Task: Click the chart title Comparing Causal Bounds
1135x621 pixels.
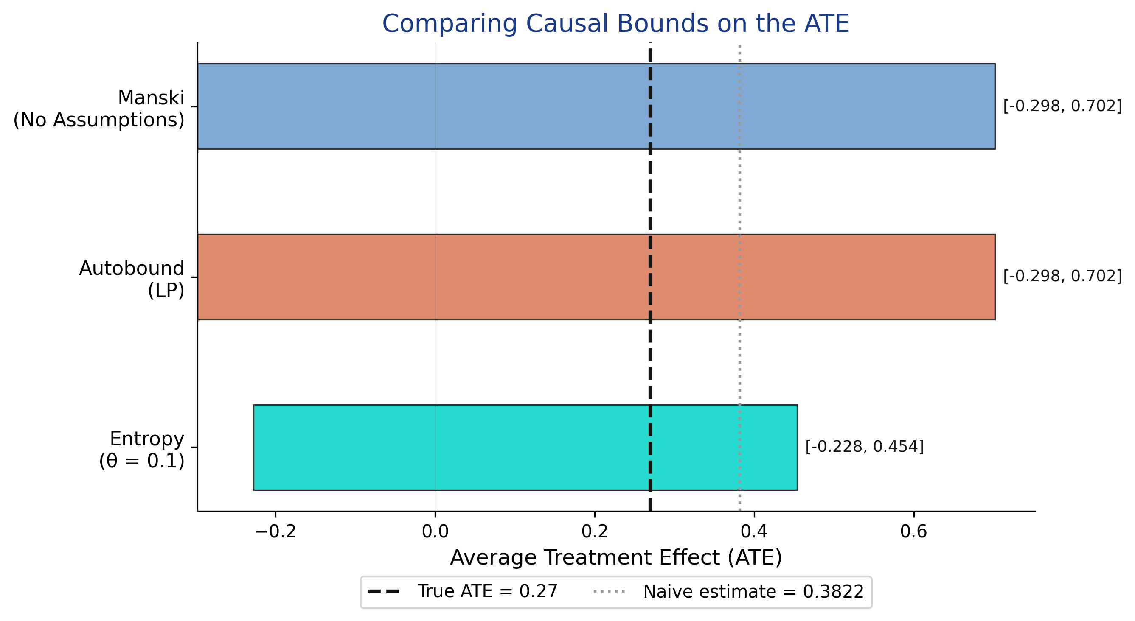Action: (615, 24)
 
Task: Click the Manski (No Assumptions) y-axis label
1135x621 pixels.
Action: (99, 109)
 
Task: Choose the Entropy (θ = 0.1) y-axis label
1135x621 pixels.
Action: (141, 450)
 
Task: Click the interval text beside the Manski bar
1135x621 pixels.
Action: (1062, 106)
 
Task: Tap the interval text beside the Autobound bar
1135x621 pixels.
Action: (1062, 276)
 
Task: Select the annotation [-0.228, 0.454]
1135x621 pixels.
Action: (865, 447)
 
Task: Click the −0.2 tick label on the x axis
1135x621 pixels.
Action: (275, 532)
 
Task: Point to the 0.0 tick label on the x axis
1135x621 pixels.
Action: (435, 532)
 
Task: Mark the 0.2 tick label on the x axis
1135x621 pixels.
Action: (594, 532)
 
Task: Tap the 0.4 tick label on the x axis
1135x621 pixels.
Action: (754, 532)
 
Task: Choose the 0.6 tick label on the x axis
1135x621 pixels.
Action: (913, 532)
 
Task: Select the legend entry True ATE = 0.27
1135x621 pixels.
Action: (463, 591)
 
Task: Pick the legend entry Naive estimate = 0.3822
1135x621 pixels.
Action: (729, 591)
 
